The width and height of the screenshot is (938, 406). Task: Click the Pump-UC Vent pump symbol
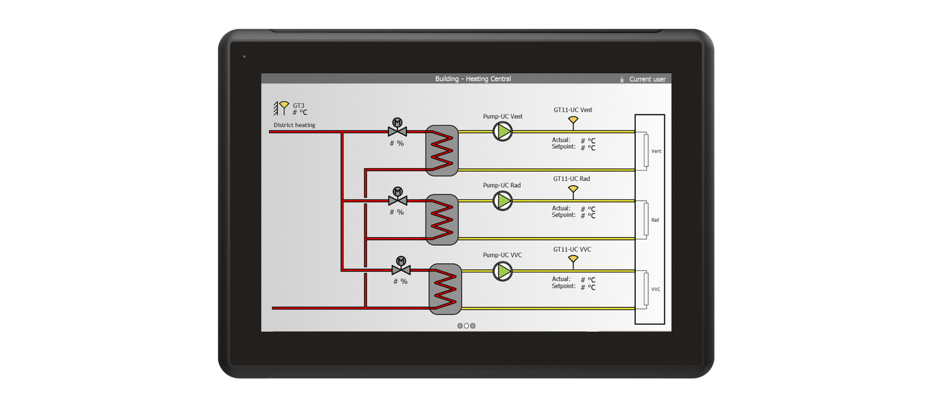(x=503, y=132)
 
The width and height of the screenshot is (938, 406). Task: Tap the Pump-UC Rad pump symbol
(x=503, y=201)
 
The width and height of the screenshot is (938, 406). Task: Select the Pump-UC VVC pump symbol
(x=503, y=271)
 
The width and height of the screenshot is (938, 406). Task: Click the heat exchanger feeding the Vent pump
(x=442, y=151)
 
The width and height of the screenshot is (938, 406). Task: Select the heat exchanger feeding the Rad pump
(x=442, y=219)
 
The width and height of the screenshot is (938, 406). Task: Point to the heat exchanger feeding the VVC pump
(x=446, y=289)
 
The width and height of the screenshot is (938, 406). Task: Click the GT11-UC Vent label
(x=573, y=110)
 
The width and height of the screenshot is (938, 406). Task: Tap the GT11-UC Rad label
(x=571, y=179)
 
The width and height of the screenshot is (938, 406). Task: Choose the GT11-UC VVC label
(x=572, y=249)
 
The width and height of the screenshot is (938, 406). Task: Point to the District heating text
(x=294, y=125)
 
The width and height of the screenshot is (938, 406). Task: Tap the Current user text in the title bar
(x=647, y=79)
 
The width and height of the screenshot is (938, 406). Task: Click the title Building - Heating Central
(x=473, y=79)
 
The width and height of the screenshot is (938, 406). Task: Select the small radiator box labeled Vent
(x=646, y=151)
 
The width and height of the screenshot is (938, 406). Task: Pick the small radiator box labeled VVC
(x=646, y=289)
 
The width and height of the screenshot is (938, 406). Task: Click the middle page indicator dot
(x=466, y=326)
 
